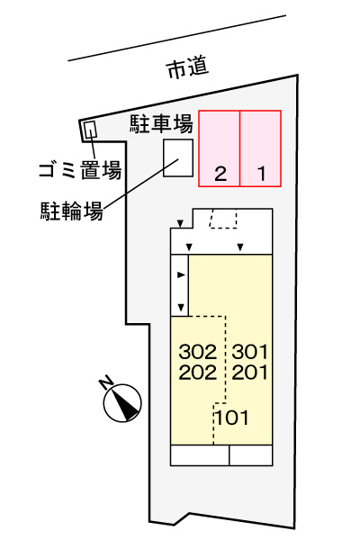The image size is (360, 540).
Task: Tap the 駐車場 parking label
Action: coord(161,124)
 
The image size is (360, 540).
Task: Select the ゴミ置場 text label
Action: coord(80,170)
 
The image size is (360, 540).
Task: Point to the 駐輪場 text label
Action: coord(72,211)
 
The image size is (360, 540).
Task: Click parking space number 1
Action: coord(262,174)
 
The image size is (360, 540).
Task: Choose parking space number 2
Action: coord(220,174)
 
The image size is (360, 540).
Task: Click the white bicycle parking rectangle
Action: coord(178,158)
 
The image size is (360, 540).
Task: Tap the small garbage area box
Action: coord(88,130)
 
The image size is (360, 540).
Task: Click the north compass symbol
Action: coord(122,402)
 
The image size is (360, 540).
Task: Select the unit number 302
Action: coord(198,352)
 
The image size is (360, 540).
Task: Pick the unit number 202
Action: coord(198,373)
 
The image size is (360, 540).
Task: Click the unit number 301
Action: coord(250,352)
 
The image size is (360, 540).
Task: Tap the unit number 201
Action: coord(250,373)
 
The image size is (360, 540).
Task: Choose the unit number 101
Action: coord(232,418)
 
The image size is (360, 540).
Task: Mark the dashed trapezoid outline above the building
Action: coord(223,219)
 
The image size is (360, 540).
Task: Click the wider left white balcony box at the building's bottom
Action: coord(200,455)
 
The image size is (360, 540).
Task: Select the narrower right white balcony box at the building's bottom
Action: coord(251,455)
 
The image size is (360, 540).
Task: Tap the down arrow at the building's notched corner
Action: coord(180,224)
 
